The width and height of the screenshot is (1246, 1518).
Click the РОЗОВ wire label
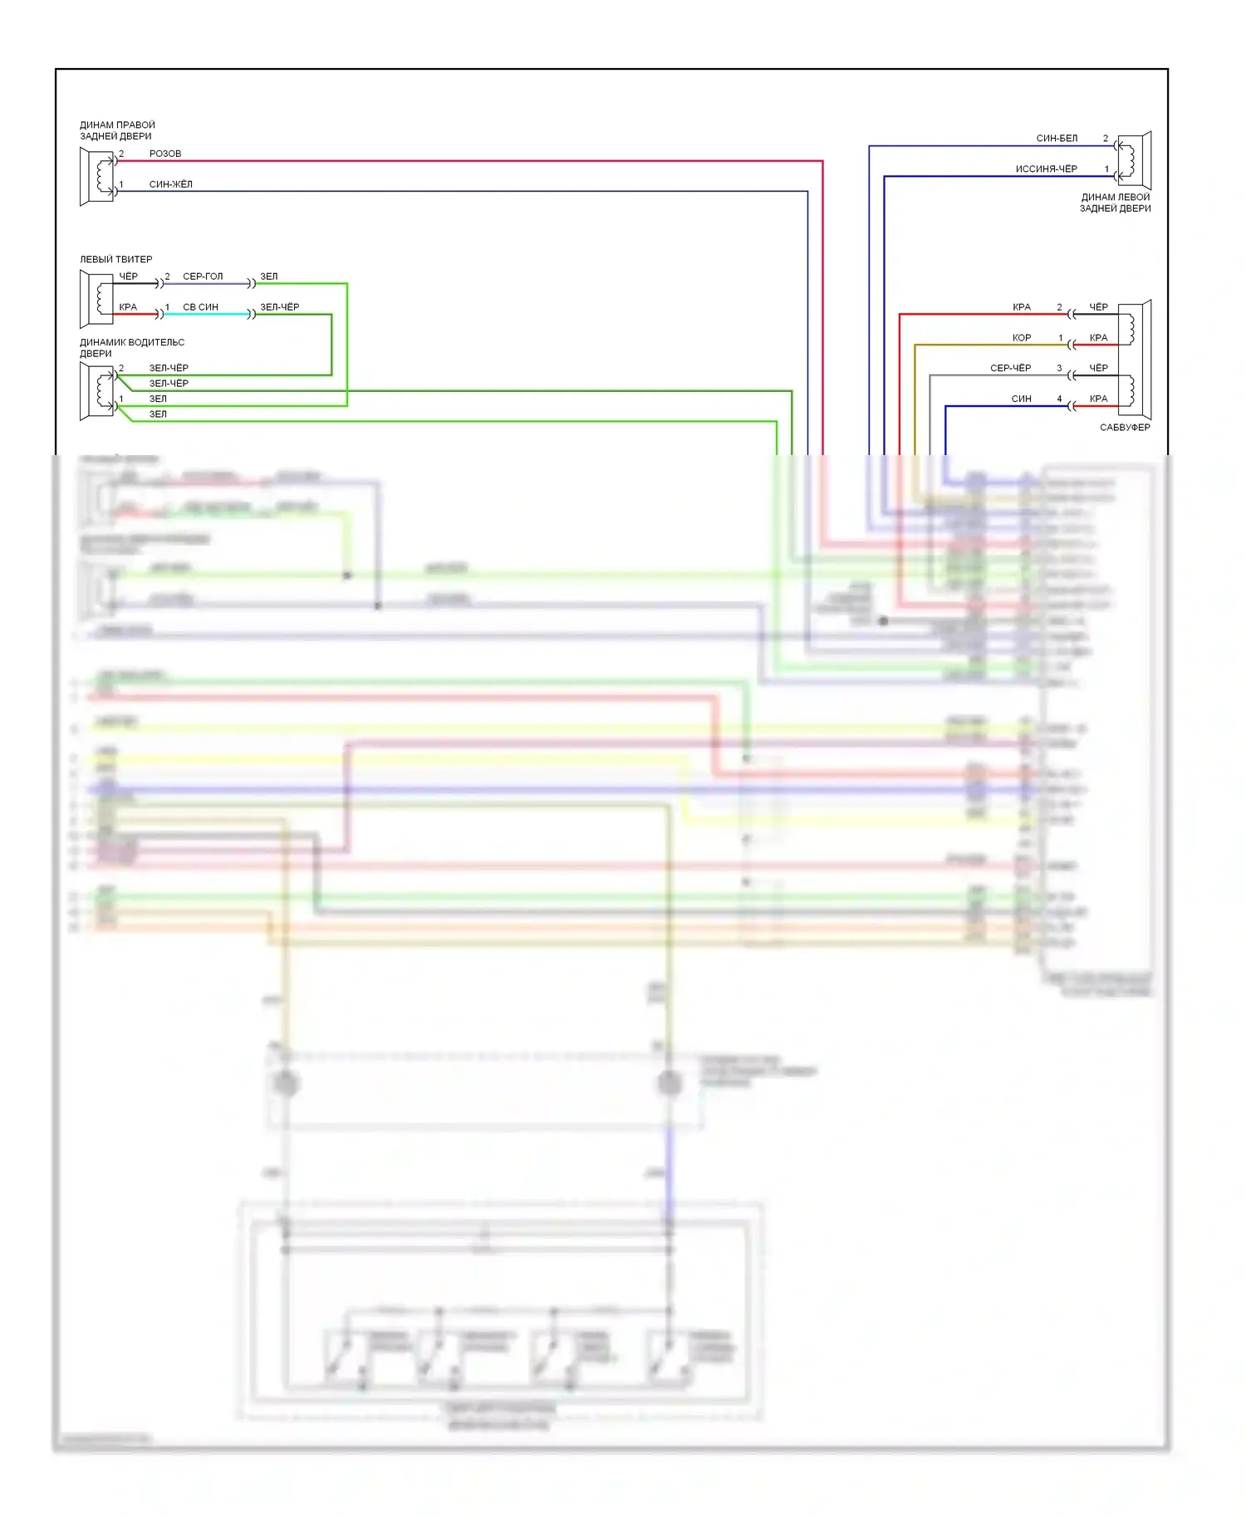(x=165, y=154)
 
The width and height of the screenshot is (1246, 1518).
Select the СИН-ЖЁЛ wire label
(x=170, y=184)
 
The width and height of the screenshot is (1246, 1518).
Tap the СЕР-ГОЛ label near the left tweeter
(x=203, y=277)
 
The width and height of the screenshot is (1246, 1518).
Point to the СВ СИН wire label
(x=200, y=307)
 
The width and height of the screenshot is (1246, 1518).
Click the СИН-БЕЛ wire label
(x=1057, y=138)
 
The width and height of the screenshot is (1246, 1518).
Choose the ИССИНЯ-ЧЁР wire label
(x=1046, y=169)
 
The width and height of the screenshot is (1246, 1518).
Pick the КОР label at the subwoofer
(x=1022, y=338)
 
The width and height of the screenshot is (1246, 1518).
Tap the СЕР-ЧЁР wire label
(x=1010, y=368)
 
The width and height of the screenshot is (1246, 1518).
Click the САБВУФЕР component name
(x=1125, y=428)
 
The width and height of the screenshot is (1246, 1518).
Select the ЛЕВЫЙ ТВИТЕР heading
(x=115, y=259)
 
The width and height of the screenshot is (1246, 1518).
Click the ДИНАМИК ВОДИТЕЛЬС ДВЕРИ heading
(x=131, y=348)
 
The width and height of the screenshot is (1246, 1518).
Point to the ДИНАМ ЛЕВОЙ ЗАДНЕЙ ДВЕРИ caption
(x=1115, y=203)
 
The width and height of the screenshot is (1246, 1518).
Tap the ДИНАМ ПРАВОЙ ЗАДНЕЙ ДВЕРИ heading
(x=117, y=130)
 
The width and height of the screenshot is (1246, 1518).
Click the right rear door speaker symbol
(x=97, y=176)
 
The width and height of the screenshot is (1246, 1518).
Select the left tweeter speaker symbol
(x=97, y=299)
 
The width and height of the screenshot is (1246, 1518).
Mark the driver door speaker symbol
(x=97, y=391)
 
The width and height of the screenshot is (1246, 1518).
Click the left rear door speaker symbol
(x=1134, y=160)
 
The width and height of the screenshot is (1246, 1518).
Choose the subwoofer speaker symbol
(x=1135, y=360)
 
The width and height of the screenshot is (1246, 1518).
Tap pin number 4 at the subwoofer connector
(x=1059, y=399)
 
